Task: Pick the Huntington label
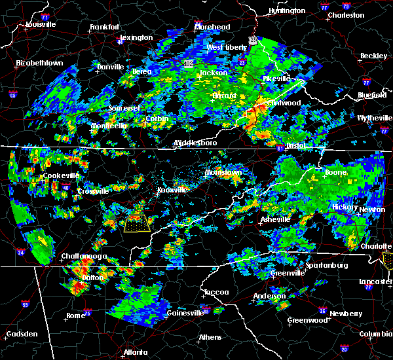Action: pos(287,11)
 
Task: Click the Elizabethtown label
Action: pos(40,63)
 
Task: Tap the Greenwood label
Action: pos(308,320)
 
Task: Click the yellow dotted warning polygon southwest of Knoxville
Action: pos(136,223)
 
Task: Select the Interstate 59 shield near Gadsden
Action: pos(26,304)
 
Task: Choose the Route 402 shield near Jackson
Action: pos(188,63)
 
